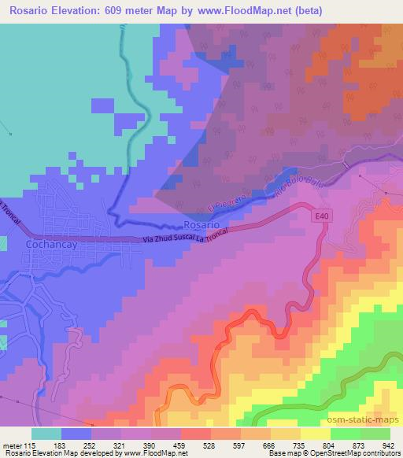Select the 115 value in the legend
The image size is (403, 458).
pos(29,445)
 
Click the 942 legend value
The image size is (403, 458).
pos(386,445)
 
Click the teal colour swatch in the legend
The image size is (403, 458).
pos(46,434)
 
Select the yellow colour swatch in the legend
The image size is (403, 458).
pos(315,434)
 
